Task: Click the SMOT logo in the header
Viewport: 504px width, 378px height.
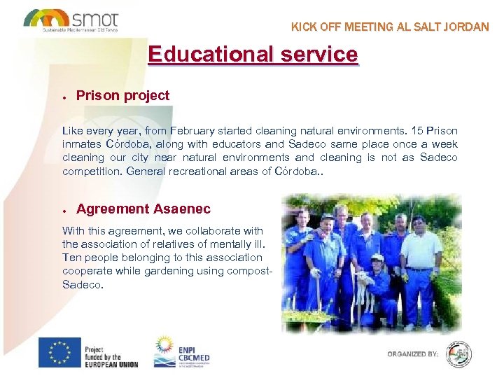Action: [71, 19]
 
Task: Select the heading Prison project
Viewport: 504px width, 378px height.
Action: [122, 95]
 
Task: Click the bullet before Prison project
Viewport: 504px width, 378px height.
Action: [64, 97]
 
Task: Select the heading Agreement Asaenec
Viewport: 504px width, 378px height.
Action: [143, 209]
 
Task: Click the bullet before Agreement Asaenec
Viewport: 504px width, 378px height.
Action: [64, 210]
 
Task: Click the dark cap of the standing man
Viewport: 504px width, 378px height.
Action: [328, 218]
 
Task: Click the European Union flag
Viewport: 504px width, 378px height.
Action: [59, 352]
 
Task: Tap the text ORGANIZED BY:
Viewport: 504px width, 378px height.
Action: [413, 354]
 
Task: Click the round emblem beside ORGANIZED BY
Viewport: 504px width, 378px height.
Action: [459, 353]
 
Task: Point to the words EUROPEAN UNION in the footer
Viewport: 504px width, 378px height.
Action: [111, 364]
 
